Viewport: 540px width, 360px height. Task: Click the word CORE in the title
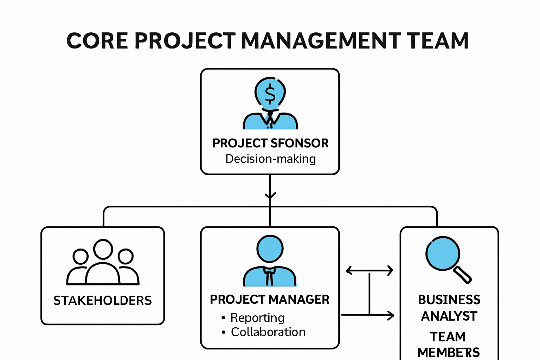(x=97, y=40)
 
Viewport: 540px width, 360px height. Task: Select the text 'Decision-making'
(x=270, y=159)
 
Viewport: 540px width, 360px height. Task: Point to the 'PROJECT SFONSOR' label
(x=270, y=143)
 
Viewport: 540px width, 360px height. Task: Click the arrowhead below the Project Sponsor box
(x=270, y=195)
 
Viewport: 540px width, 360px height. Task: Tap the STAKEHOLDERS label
(x=102, y=301)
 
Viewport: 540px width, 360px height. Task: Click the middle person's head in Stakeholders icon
(x=103, y=249)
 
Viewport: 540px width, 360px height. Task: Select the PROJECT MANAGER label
(x=270, y=300)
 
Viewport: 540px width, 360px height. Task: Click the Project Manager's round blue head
(x=270, y=249)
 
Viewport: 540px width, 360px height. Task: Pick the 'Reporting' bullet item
(x=257, y=318)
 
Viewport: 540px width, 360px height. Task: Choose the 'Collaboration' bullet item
(x=268, y=332)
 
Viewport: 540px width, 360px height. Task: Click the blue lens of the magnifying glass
(x=443, y=253)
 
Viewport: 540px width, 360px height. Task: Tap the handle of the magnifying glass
(x=463, y=275)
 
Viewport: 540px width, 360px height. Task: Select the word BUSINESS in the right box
(x=449, y=300)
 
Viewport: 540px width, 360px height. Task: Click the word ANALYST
(x=449, y=316)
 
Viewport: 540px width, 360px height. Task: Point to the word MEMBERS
(x=448, y=352)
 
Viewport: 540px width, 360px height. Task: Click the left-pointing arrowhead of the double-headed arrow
(x=349, y=270)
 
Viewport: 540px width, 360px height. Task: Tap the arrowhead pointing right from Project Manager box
(x=391, y=315)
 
